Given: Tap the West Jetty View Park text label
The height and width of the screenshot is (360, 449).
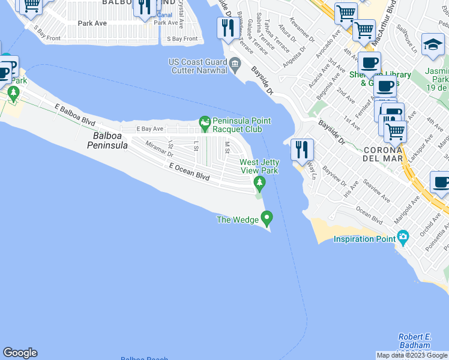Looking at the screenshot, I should [259, 166].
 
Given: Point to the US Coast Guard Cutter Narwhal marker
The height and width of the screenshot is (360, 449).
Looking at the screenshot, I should [235, 62].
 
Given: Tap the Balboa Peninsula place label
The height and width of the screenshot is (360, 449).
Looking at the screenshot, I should [110, 140].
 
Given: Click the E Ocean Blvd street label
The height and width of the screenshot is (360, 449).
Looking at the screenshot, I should [189, 172].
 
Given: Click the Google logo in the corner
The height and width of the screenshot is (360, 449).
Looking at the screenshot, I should [20, 353].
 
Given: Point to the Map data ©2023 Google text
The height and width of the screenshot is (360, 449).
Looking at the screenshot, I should [412, 355].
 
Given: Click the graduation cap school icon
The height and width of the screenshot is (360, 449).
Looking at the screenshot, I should [433, 45].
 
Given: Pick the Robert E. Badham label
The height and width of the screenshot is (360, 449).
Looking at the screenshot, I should [414, 341].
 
